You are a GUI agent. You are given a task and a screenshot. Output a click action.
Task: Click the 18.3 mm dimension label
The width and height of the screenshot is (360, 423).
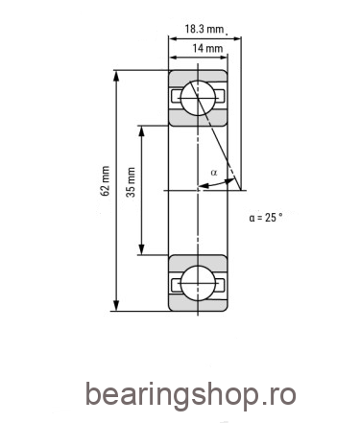coord(204,29)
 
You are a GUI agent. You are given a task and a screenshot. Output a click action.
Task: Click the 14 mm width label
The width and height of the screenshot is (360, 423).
coord(207,49)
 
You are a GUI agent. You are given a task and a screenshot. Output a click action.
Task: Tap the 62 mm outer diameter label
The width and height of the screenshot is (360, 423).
coord(105,180)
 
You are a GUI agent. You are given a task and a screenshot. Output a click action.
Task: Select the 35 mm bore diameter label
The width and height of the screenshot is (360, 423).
coord(131,182)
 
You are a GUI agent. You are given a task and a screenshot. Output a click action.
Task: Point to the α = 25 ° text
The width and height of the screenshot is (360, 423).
coord(266,218)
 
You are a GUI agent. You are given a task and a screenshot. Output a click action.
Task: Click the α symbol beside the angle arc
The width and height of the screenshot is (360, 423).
coord(214,173)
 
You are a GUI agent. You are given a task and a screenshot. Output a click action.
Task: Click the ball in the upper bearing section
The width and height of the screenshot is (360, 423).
coord(198,97)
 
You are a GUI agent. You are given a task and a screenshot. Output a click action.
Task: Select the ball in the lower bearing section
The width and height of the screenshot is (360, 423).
coord(198,283)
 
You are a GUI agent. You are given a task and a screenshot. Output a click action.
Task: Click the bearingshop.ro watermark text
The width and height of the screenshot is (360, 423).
coord(190,395)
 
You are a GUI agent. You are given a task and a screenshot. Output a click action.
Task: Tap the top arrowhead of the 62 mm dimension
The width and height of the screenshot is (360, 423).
coord(116,75)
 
